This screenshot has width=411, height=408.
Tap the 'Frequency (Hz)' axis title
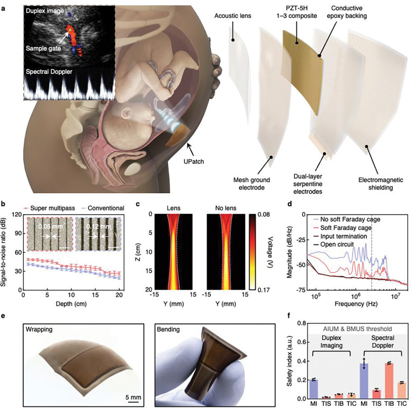click(x=356, y=304)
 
